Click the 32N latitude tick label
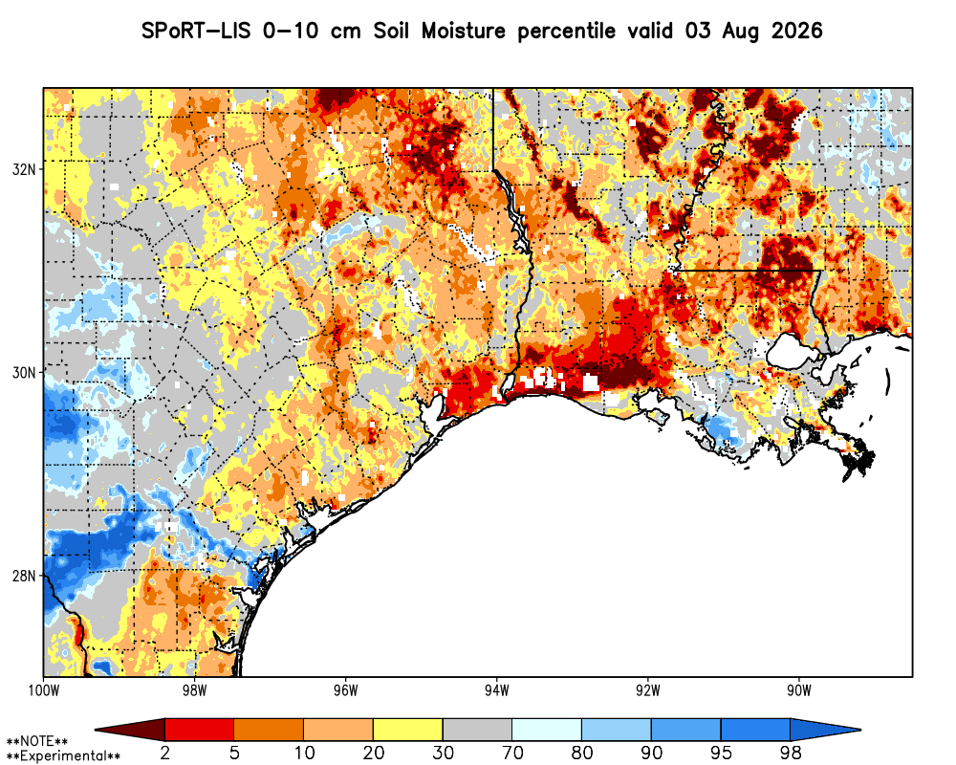pos(23,169)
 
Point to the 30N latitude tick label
pos(23,372)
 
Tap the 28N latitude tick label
pos(23,576)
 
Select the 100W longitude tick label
pos(43,690)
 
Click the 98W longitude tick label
pos(194,690)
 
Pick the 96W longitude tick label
pos(346,690)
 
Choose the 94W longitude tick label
pos(497,690)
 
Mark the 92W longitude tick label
pos(648,690)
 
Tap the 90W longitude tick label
pos(799,690)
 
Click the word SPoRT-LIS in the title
pos(196,31)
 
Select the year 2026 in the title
pos(797,31)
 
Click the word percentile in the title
pos(566,32)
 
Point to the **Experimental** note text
pos(63,756)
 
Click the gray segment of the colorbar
pos(477,730)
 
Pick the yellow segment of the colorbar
pos(408,730)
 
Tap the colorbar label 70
pos(512,754)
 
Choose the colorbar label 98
pos(791,754)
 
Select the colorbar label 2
pos(165,754)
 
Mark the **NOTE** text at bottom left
pos(37,742)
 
